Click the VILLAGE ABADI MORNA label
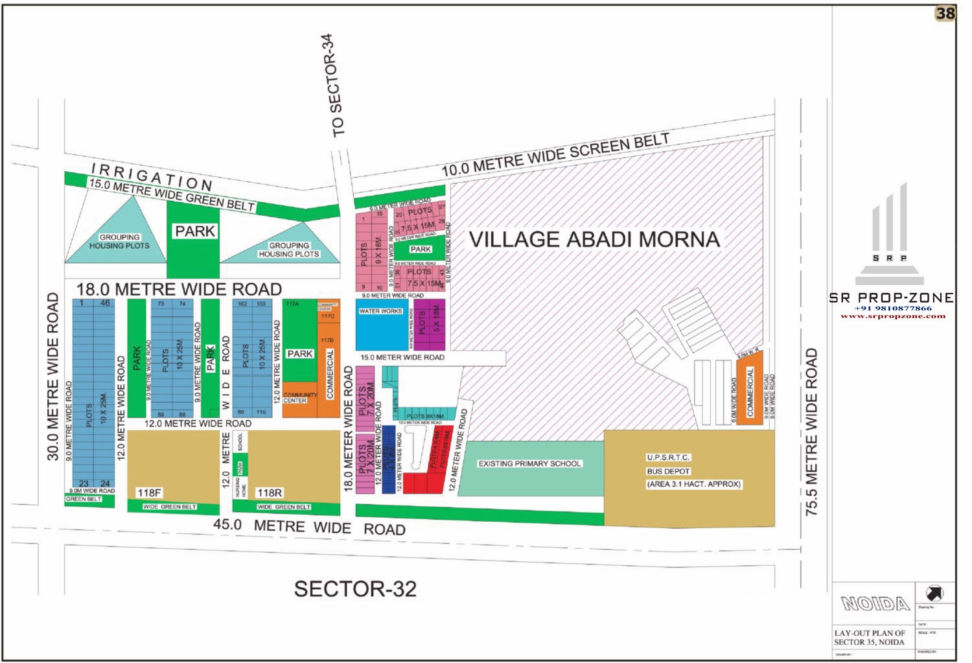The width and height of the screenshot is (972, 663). coord(594,239)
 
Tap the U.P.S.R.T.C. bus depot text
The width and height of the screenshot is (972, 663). coord(668,458)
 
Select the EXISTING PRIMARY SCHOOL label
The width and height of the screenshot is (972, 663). coord(529,463)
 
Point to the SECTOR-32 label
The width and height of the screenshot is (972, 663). coord(355,588)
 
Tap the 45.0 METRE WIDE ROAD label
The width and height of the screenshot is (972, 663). coord(310,526)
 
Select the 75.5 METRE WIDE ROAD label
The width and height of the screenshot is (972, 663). coord(812,432)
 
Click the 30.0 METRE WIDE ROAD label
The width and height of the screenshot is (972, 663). coord(52,377)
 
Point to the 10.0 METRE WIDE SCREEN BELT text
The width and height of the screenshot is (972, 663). coord(555,154)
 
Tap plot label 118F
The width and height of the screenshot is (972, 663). coord(148,493)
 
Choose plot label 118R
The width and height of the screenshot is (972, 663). coord(269,493)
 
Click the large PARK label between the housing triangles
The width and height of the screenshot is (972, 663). coord(194,231)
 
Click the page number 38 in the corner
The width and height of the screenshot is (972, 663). coord(945,14)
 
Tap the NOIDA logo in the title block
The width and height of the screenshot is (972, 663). coord(875,604)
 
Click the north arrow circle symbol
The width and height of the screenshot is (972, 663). coord(934,592)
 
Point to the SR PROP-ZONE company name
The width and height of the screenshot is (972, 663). coord(891,297)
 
